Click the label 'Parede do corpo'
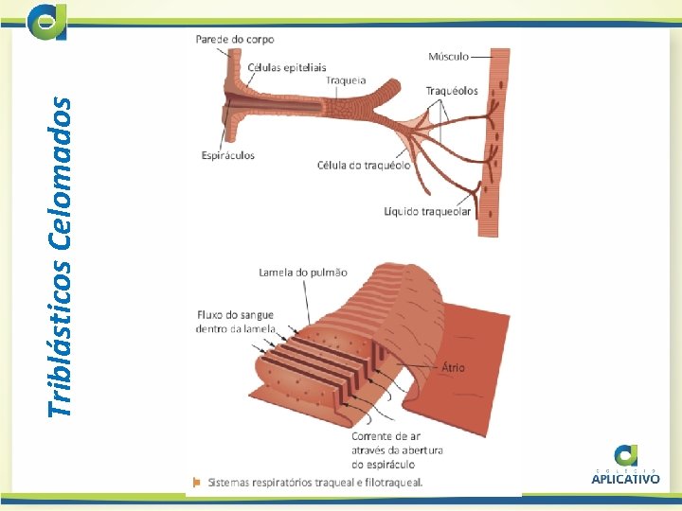[x=235, y=40]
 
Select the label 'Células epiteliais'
[x=287, y=67]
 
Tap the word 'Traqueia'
[x=346, y=80]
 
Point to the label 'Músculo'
[x=448, y=57]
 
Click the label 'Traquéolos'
[x=452, y=91]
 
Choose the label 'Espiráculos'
[x=228, y=156]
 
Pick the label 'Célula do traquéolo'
[x=364, y=165]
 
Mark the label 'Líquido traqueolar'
[x=427, y=212]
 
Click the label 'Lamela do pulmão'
[x=303, y=273]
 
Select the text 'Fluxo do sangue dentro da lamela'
[x=236, y=322]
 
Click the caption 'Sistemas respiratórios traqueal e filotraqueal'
[x=315, y=482]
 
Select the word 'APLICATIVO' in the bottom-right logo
[x=625, y=479]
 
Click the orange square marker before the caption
[x=196, y=482]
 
